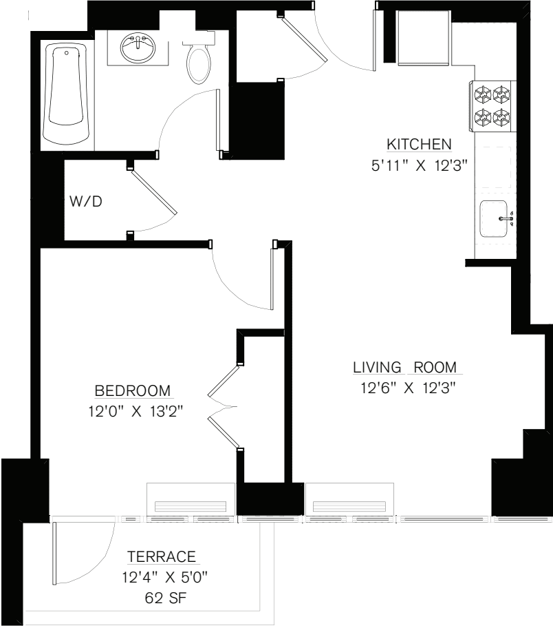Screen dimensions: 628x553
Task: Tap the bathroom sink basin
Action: [138, 49]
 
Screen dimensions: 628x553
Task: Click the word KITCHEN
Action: [419, 145]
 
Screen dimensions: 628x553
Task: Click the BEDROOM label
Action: [133, 391]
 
